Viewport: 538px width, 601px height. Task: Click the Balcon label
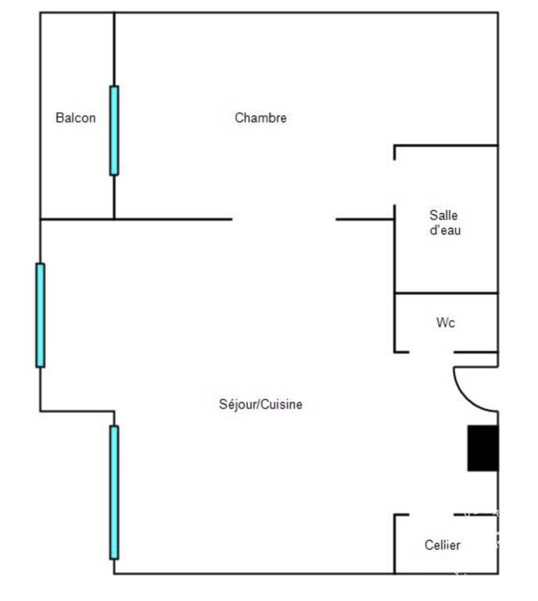coord(75,117)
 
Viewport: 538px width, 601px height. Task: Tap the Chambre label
coord(260,117)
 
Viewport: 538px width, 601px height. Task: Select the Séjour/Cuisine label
coord(260,405)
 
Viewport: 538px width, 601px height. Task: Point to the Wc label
coord(445,322)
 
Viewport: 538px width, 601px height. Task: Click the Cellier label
coord(443,545)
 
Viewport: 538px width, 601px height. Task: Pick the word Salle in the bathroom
coord(443,215)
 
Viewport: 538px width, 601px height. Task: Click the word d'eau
coord(445,230)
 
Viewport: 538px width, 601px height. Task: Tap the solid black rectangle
coord(482,448)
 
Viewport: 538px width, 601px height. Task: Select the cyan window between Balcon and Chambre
coord(114,131)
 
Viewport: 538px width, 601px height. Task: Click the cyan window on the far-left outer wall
coord(40,315)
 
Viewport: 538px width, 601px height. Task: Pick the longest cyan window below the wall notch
coord(114,492)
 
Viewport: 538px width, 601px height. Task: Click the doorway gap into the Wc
coord(432,352)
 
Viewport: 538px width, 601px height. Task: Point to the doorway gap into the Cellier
coord(432,515)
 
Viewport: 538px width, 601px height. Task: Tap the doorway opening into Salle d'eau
coord(395,182)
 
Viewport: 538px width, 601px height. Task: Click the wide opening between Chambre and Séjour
coord(284,219)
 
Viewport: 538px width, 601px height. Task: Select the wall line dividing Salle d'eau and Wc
coord(447,293)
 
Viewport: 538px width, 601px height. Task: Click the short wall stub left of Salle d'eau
coord(365,219)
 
